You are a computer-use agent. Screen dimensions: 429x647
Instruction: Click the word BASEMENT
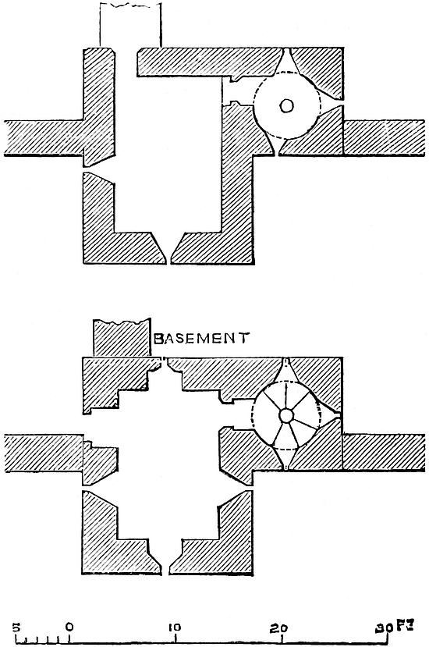201,339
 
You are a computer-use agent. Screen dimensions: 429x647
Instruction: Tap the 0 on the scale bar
69,627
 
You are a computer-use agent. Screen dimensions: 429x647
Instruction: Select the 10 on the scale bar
174,627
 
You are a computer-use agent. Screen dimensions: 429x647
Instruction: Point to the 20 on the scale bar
279,627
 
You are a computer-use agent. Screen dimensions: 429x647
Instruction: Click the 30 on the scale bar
384,627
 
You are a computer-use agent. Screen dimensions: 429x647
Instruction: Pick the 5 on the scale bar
16,627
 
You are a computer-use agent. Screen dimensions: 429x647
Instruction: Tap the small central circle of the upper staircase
287,106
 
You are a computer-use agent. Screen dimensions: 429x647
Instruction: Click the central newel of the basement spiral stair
285,415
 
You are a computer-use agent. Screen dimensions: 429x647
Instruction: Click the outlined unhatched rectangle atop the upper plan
130,24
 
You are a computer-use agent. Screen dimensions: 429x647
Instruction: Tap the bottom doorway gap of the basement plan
165,556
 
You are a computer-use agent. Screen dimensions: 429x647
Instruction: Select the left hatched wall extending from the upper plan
44,138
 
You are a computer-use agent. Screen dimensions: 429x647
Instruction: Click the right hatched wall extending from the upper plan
384,137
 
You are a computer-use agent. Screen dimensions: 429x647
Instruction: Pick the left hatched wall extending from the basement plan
44,453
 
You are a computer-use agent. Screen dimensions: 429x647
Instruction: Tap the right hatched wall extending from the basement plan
383,452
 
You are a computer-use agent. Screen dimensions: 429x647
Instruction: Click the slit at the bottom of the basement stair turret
287,461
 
